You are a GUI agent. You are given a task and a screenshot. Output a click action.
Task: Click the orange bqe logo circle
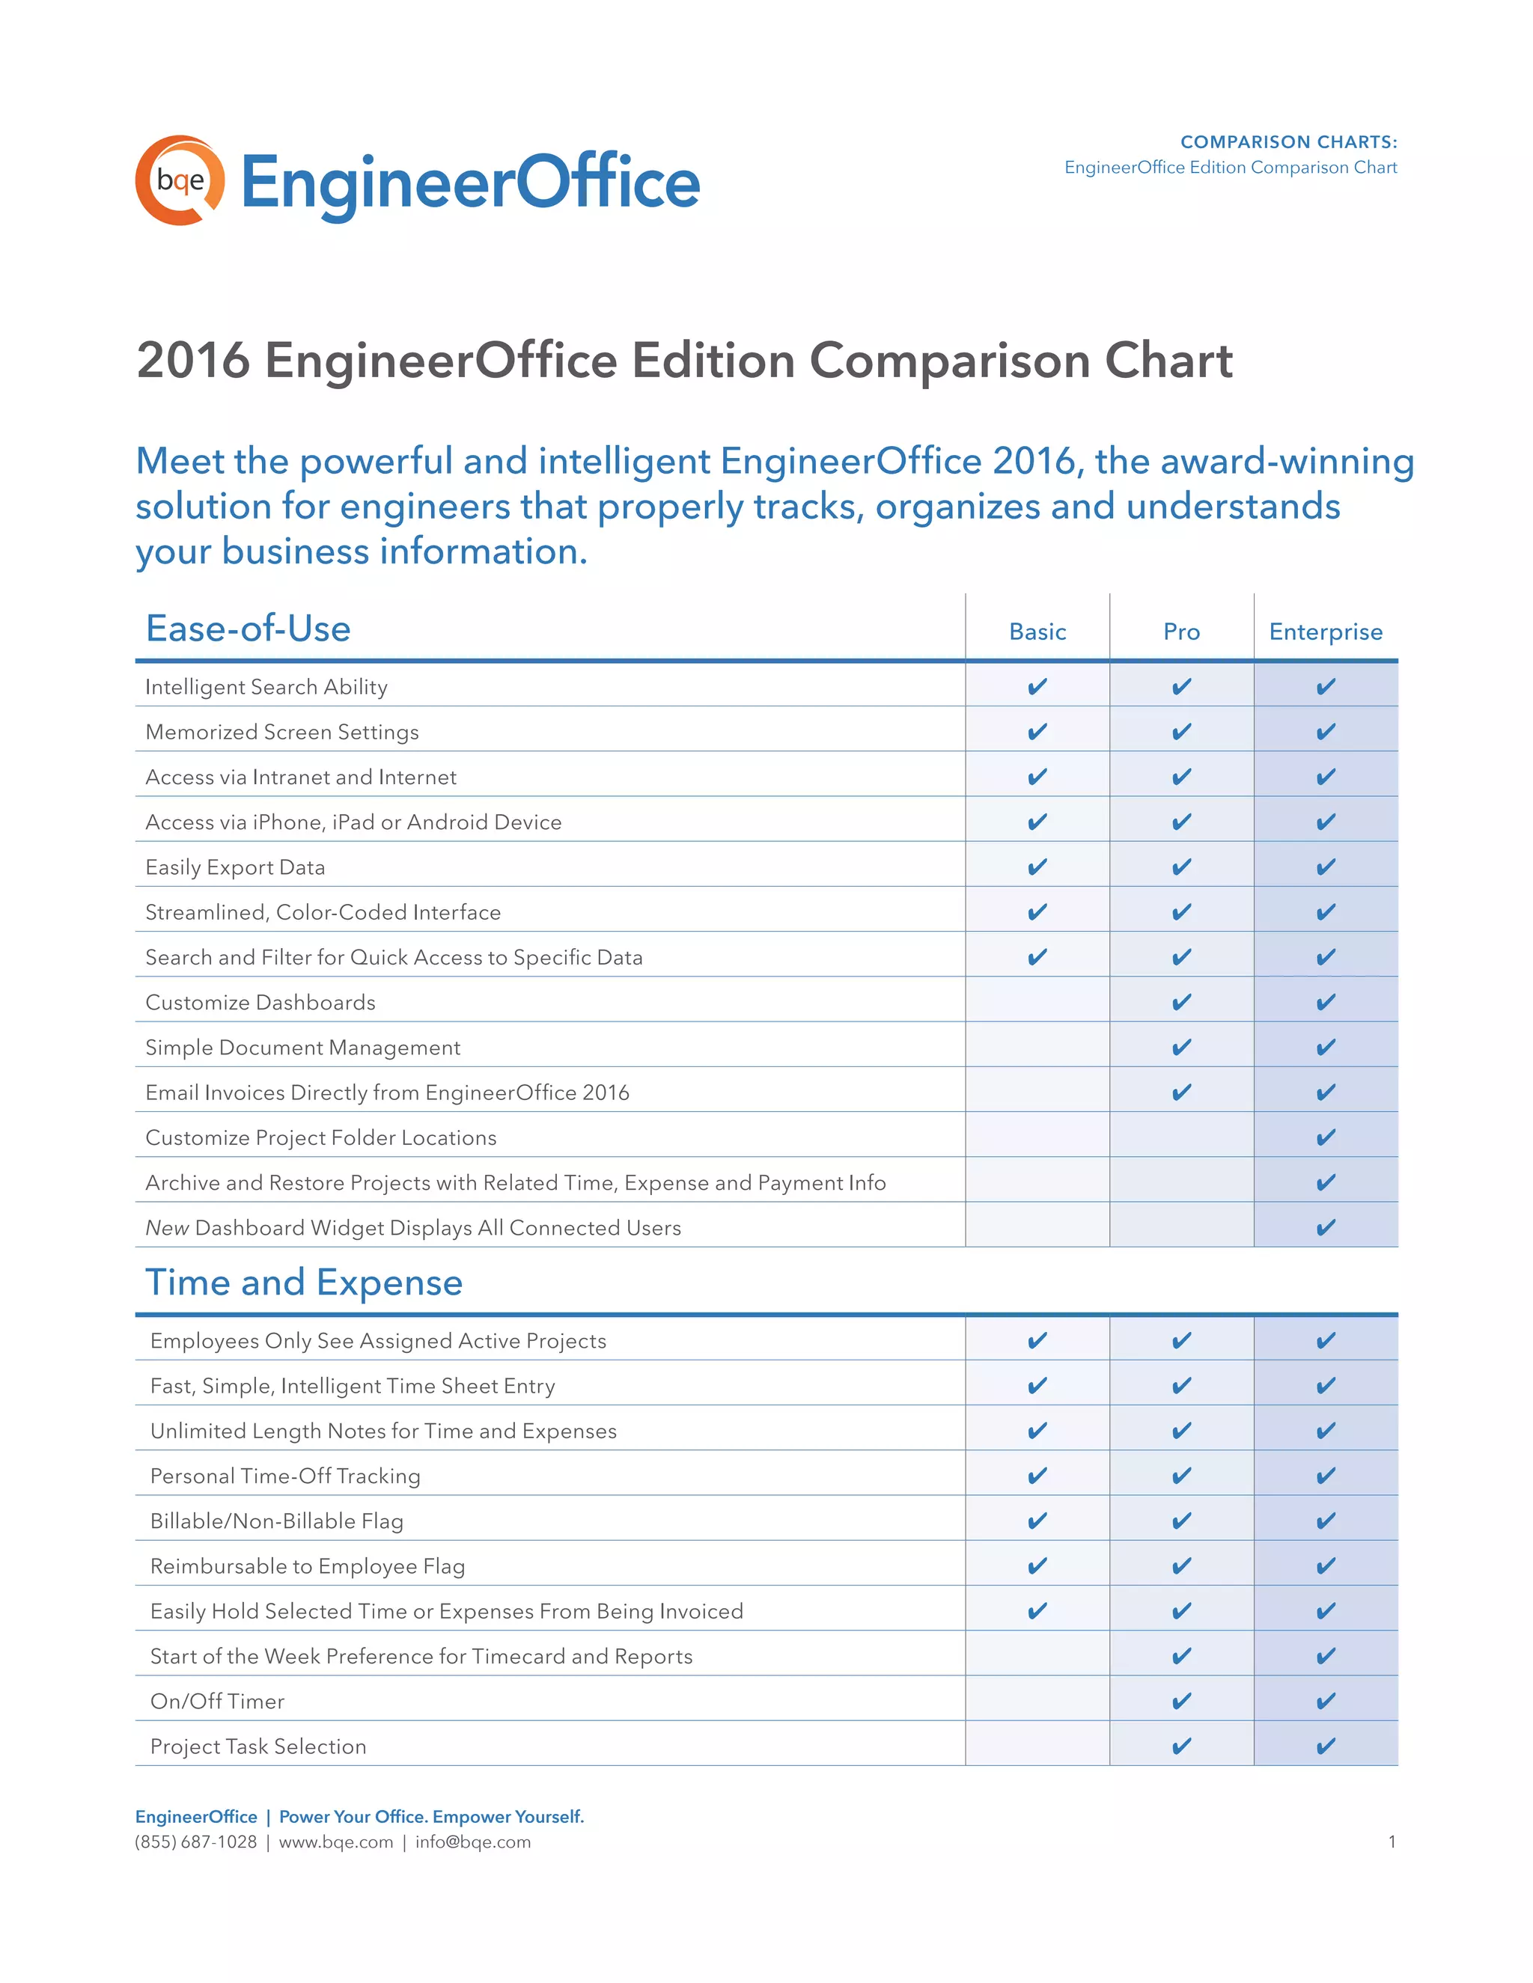pos(180,180)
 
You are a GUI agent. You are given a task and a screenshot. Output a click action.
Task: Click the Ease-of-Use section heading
pos(248,629)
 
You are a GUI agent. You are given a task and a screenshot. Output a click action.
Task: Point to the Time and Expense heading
pos(304,1282)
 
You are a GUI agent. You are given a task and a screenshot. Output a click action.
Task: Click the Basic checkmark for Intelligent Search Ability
pos(1037,686)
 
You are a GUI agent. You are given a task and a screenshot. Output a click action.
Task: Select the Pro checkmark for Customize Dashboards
pos(1181,1003)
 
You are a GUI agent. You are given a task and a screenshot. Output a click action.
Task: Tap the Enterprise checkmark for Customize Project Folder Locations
pos(1326,1137)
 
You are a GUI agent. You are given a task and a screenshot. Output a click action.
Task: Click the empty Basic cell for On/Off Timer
pos(1037,1701)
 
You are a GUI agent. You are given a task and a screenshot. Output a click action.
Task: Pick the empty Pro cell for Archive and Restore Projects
pos(1181,1182)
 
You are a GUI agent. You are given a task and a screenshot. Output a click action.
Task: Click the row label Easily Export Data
pos(235,867)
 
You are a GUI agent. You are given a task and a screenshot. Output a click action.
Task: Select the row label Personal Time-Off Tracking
pos(285,1476)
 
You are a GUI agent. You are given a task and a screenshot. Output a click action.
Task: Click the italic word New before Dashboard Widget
pos(167,1227)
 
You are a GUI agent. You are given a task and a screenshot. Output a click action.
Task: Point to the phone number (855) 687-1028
pos(195,1842)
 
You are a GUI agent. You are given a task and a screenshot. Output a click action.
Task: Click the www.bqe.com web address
pos(336,1842)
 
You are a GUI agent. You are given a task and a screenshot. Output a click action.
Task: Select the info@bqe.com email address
pos(473,1842)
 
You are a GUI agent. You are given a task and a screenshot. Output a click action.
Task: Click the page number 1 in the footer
pos(1392,1842)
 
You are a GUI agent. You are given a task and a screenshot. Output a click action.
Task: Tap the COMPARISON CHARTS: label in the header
pos(1287,141)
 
